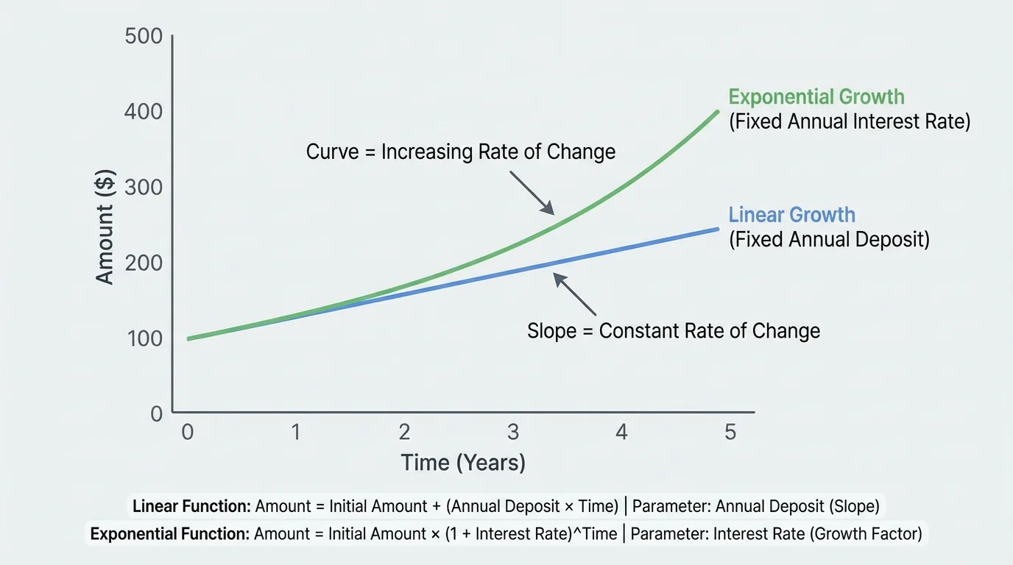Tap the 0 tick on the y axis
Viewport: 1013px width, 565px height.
point(155,413)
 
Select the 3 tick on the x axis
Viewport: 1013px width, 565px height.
point(513,432)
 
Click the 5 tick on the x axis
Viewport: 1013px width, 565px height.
point(730,432)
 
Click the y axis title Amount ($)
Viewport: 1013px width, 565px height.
point(105,234)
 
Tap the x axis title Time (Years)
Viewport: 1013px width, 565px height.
point(463,463)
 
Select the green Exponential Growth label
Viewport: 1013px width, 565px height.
point(816,97)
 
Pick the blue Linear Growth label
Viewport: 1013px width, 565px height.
point(791,215)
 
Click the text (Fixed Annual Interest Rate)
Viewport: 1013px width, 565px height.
point(850,121)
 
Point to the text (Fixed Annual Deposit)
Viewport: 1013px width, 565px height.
point(829,240)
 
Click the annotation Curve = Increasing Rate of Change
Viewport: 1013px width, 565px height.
point(461,152)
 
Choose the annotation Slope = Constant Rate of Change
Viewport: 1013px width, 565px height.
point(674,331)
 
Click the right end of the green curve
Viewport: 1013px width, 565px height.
point(718,112)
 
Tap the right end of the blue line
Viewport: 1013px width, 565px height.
point(718,229)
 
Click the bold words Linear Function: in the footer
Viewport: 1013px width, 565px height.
point(191,506)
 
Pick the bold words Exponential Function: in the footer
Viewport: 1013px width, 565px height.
point(169,534)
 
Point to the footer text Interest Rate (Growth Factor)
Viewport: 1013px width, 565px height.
point(817,534)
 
